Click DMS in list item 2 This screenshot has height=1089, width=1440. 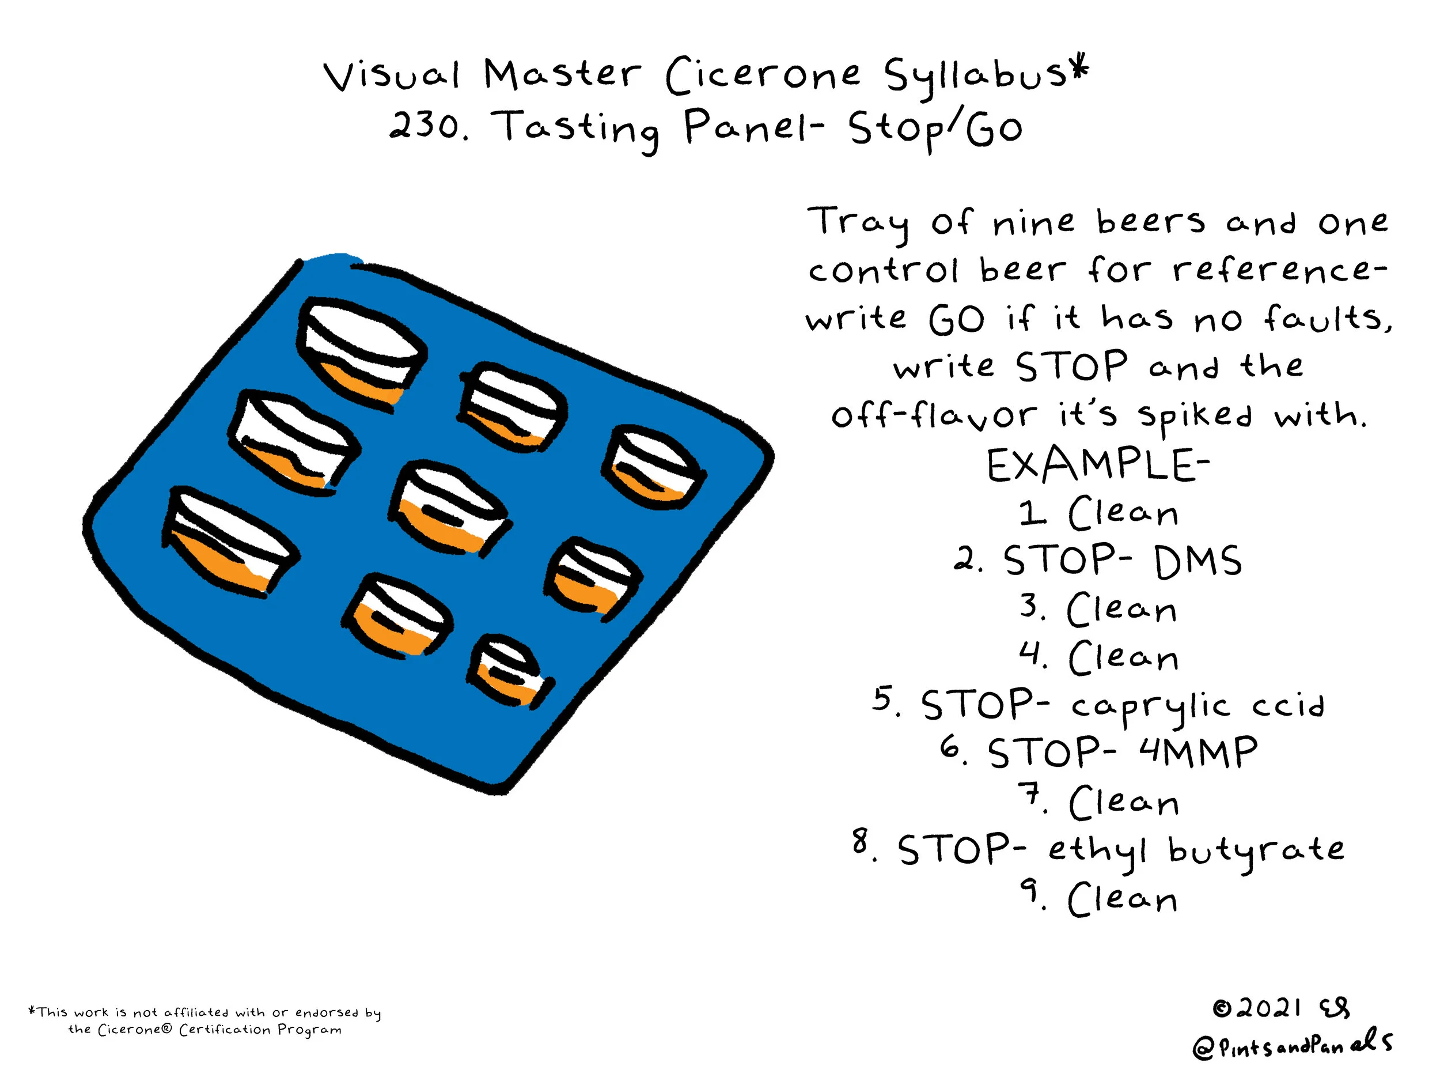click(1198, 561)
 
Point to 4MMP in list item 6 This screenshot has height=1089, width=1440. click(1198, 753)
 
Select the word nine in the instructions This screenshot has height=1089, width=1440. click(1033, 224)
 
